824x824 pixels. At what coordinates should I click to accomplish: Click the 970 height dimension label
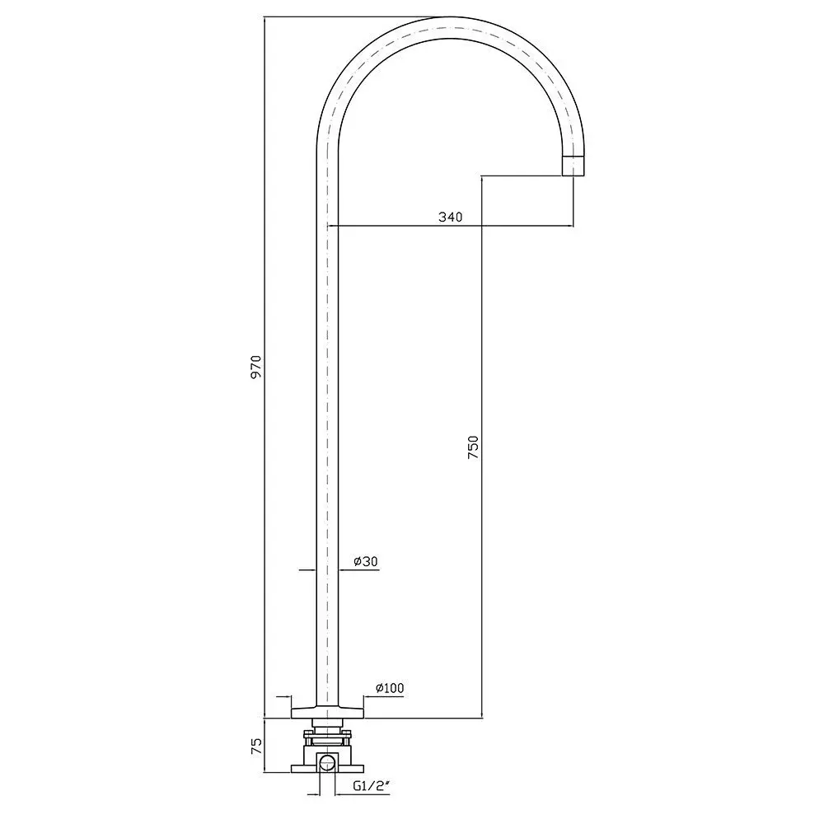(x=256, y=367)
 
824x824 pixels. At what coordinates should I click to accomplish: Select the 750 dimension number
(x=474, y=447)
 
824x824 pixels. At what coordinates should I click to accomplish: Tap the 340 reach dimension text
(x=451, y=217)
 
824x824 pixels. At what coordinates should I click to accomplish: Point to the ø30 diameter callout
(x=366, y=561)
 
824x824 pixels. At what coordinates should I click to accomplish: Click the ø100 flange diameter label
(x=390, y=688)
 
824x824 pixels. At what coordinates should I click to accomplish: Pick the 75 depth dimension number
(x=256, y=747)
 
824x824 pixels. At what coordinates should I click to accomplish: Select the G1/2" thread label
(x=372, y=786)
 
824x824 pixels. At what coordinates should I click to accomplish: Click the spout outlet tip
(x=574, y=166)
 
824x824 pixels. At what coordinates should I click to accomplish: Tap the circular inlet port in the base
(x=327, y=762)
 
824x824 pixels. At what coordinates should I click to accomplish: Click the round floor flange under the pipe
(x=327, y=712)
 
